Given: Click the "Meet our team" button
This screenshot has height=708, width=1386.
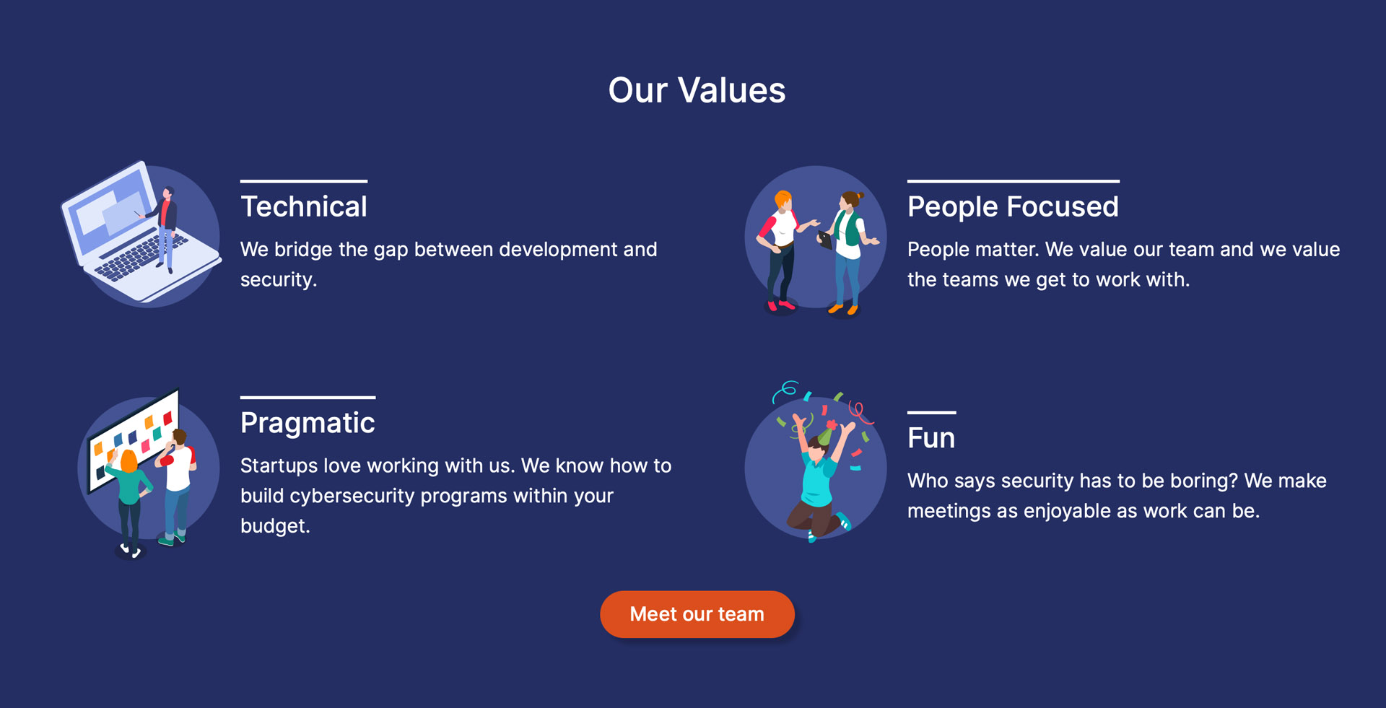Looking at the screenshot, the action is click(697, 614).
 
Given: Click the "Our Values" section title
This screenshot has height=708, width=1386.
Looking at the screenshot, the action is click(697, 90).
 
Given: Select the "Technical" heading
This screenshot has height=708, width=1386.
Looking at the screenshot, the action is click(304, 206).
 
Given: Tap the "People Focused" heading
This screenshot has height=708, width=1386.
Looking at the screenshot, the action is click(1013, 206).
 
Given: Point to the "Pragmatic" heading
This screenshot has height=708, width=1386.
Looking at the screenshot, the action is click(308, 423).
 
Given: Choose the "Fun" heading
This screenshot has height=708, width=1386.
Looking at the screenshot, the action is click(931, 438).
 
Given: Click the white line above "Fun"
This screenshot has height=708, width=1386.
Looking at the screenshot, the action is click(931, 412).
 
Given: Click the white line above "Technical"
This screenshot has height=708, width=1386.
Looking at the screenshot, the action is click(304, 180).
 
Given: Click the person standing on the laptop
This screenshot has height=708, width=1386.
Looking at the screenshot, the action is click(167, 229).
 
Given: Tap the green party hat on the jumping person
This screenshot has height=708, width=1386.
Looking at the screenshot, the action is click(824, 434).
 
